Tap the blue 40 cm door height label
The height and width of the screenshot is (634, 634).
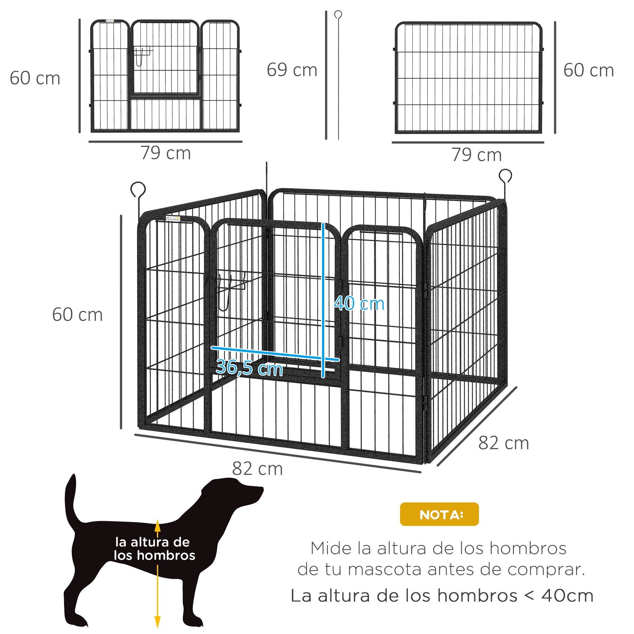(359, 304)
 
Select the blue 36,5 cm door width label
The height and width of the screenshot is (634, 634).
(249, 367)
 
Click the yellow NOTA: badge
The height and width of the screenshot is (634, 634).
(439, 514)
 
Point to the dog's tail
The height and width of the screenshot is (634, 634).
(71, 505)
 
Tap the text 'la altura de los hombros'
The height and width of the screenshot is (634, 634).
(154, 549)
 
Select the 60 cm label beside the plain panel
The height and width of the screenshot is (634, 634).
(588, 70)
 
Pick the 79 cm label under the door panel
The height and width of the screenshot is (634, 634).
(166, 153)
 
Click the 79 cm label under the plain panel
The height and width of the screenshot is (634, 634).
(476, 155)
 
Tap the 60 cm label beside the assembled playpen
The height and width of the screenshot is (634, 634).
(77, 315)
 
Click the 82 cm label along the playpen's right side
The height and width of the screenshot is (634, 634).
(503, 443)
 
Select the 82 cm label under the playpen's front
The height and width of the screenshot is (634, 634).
(257, 469)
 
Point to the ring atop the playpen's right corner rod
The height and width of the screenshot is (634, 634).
(505, 175)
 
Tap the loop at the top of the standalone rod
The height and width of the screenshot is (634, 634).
(338, 15)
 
